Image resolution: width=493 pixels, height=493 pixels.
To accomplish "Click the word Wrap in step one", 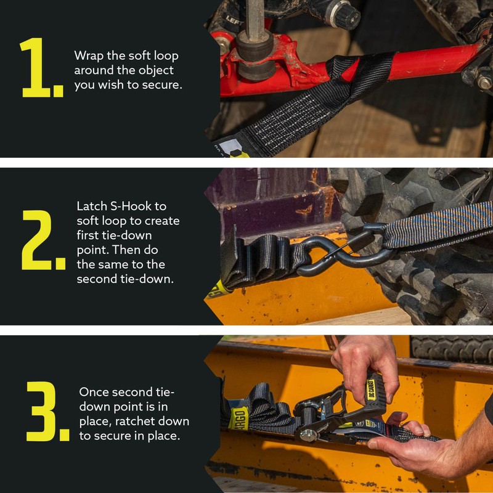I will coord(88,56).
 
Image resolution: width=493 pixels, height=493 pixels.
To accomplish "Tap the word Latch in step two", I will coord(92,206).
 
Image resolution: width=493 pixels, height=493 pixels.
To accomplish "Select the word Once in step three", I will coord(94,392).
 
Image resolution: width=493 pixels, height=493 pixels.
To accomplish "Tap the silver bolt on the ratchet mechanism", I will coord(306,435).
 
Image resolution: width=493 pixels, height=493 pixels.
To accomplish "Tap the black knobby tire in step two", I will coord(431,277).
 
